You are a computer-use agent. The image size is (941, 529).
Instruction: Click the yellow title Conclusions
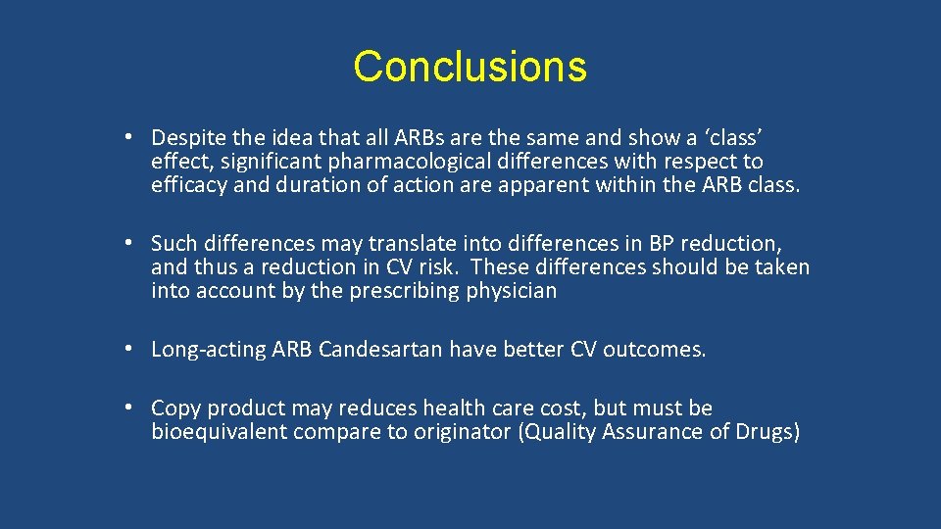point(470,67)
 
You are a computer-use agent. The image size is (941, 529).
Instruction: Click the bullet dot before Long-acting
point(129,350)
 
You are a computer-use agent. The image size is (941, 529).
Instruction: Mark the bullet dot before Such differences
point(129,243)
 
